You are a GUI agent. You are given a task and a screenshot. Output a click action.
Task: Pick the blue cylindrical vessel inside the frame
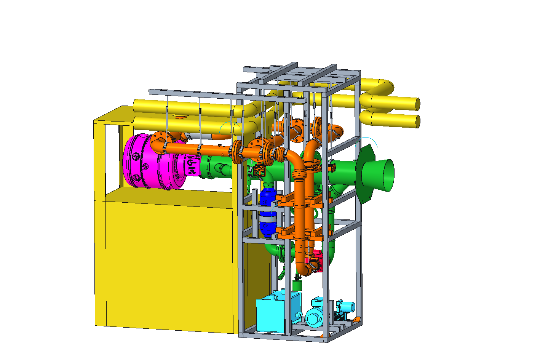coord(267,213)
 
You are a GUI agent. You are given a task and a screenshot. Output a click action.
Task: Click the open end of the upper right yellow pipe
coord(417,104)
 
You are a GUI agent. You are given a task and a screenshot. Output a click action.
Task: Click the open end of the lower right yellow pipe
coord(418,121)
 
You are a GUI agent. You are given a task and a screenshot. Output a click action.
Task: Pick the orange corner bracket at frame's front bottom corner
coord(322,336)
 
